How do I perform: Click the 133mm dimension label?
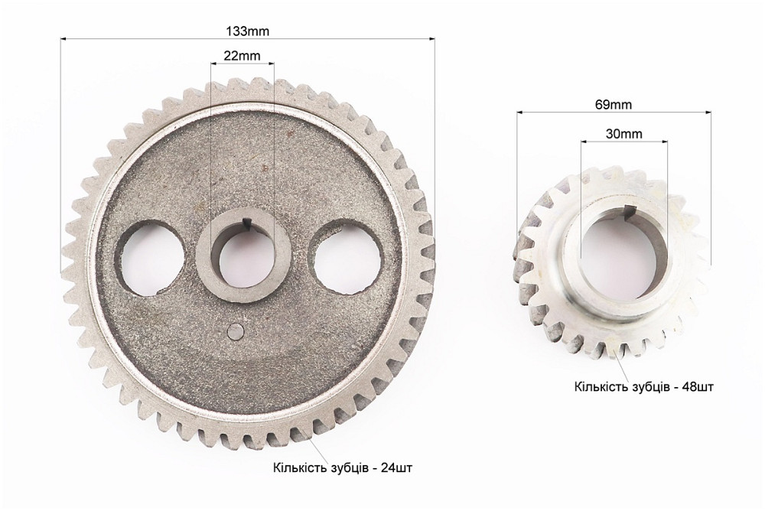coord(247,31)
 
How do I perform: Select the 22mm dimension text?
coord(242,56)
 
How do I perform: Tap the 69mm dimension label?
coord(614,105)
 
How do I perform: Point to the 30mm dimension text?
coord(624,134)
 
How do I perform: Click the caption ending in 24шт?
coord(343,468)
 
